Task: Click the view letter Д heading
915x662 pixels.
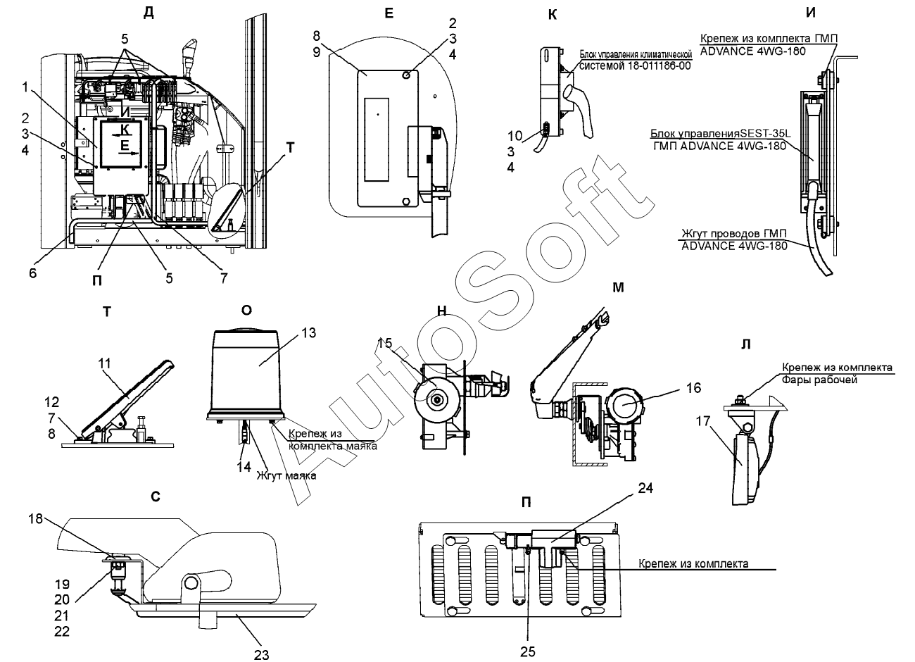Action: coord(149,13)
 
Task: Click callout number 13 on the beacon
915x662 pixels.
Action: coord(309,333)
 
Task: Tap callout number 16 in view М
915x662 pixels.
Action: coord(693,387)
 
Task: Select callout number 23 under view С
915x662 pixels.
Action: coord(261,655)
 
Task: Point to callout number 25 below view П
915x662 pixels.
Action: coord(527,651)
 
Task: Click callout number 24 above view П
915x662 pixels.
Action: coord(645,488)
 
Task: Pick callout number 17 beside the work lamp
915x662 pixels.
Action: coord(703,421)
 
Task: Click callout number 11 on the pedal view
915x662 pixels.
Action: coord(104,363)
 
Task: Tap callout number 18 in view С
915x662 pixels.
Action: coord(35,518)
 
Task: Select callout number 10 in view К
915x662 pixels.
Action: coord(515,136)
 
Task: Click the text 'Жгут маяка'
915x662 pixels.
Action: coord(286,475)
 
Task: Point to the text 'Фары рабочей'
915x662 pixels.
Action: coord(819,380)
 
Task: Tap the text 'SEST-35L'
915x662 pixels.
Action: coord(765,134)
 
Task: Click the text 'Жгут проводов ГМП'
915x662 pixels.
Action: coord(734,233)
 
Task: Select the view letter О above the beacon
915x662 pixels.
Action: coord(246,311)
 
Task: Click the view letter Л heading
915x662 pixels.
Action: coord(745,344)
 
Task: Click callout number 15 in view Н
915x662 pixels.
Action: coord(384,343)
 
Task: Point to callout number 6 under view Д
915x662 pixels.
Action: coord(32,273)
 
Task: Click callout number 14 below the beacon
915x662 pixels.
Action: coord(244,467)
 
